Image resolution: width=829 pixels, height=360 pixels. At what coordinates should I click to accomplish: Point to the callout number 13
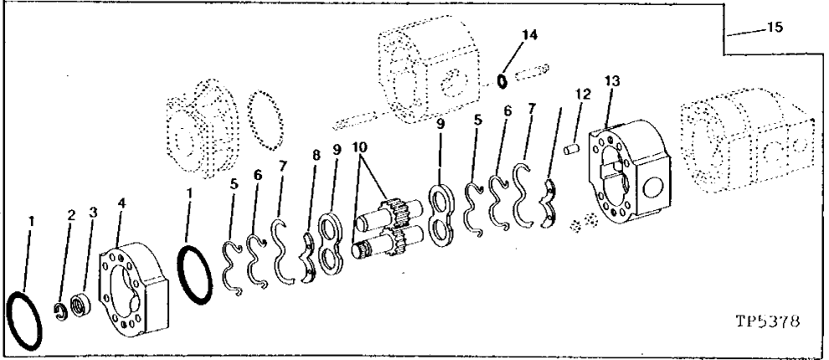tap(614, 80)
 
